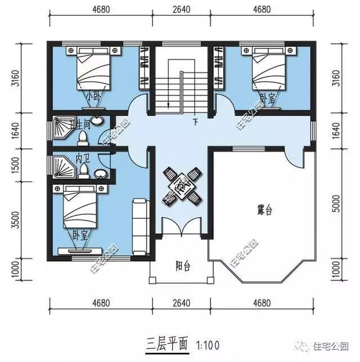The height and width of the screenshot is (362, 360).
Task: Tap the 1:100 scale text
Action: point(207,343)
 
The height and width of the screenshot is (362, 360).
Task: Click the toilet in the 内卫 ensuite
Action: point(84,169)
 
